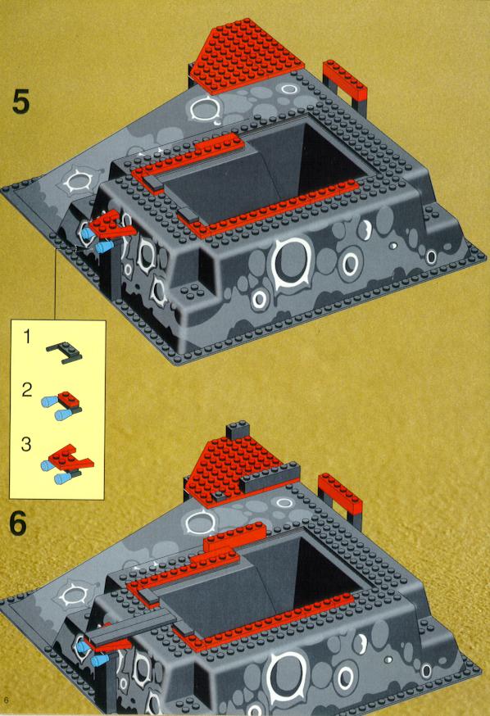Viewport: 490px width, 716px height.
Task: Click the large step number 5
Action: tap(21, 102)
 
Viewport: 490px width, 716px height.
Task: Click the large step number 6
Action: tap(18, 523)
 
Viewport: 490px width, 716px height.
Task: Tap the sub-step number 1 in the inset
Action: tap(27, 337)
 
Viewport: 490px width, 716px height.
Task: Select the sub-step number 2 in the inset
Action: tap(27, 390)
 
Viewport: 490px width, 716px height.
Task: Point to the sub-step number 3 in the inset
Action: tap(26, 444)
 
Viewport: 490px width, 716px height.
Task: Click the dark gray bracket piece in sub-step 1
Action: tap(65, 352)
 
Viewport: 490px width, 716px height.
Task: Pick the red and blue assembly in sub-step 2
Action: tap(61, 406)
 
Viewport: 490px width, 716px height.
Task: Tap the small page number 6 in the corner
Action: tap(6, 700)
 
